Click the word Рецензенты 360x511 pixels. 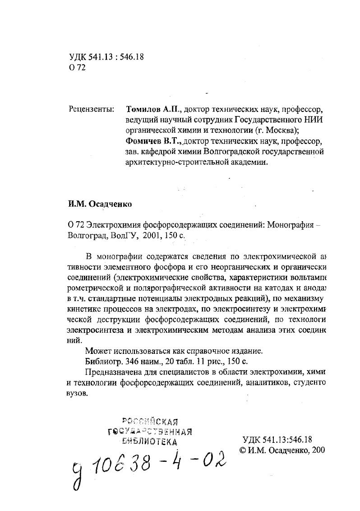(92, 109)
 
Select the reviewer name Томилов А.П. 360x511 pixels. (153, 109)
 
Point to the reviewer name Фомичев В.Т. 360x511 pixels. (154, 141)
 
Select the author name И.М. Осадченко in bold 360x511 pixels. (100, 204)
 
